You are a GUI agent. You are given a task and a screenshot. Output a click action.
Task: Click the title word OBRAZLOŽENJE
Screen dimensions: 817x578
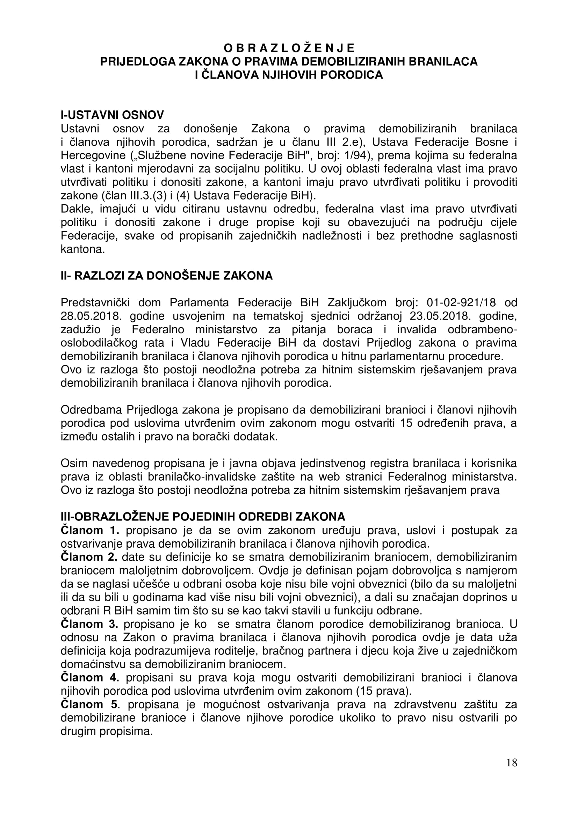(289, 48)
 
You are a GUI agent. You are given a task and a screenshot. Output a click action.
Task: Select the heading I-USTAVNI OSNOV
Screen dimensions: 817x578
(113, 115)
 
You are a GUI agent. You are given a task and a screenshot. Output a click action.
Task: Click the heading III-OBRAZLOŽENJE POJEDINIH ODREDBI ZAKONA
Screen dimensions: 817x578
(203, 517)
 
